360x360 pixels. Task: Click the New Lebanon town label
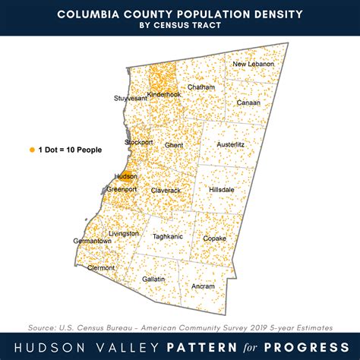251,64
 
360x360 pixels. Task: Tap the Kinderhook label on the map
163,94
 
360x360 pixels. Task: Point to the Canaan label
248,103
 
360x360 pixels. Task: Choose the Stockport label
139,142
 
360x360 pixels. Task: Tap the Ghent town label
174,144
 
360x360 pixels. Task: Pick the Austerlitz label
232,143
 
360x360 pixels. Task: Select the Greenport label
122,188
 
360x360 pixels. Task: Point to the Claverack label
166,190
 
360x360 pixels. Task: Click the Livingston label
123,233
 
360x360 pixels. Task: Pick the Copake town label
214,238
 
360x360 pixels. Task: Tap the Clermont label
101,268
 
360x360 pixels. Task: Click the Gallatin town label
153,279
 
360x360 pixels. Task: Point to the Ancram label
203,286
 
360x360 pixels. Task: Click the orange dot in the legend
32,150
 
